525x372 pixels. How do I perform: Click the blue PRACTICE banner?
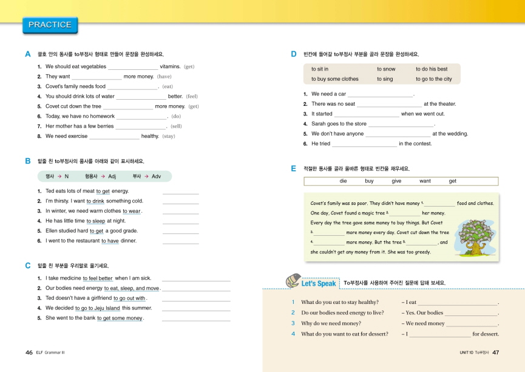click(50, 25)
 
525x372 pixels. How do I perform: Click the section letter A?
click(28, 54)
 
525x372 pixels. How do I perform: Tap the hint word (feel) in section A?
click(192, 96)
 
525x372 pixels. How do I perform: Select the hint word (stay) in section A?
click(169, 136)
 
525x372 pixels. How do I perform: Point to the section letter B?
click(28, 161)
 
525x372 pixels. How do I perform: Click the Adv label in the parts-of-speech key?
click(156, 176)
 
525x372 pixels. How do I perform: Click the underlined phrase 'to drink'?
click(95, 201)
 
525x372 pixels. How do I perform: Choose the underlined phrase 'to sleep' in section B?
click(95, 221)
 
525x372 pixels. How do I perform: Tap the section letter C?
click(28, 266)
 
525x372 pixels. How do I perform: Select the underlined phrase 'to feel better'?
click(98, 278)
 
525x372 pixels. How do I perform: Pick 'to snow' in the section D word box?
click(386, 69)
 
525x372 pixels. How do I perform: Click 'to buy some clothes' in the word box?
click(334, 79)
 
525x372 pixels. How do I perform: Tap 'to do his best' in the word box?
click(432, 69)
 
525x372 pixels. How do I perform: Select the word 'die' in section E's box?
click(344, 181)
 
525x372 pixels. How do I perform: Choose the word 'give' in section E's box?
click(396, 181)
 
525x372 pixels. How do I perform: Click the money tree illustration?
click(475, 224)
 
